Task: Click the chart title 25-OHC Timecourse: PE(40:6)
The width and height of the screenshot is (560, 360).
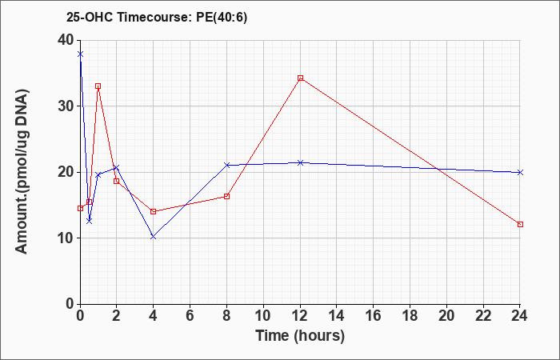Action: pos(157,18)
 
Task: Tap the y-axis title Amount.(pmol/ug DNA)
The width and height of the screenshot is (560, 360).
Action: pos(22,172)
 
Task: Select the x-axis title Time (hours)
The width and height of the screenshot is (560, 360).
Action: pos(300,336)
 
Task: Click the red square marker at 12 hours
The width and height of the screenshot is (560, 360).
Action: pos(300,78)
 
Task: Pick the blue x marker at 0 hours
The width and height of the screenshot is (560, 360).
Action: pos(80,54)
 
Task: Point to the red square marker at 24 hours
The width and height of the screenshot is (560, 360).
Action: pos(520,224)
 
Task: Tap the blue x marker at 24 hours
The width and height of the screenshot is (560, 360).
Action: pos(520,172)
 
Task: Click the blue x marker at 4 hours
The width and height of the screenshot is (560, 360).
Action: pos(154,237)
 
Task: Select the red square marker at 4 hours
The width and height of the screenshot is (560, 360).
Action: pos(154,211)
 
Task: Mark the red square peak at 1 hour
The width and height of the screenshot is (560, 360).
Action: pos(98,86)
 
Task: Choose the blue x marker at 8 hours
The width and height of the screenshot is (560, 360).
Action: pos(226,165)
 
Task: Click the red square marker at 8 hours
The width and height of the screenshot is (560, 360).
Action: pos(226,197)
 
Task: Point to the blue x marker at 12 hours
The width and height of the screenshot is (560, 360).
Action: pos(300,163)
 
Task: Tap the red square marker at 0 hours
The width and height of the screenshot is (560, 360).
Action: pos(80,208)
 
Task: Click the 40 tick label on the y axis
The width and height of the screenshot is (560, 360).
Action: pos(65,40)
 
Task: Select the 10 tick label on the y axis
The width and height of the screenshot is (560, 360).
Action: pos(65,238)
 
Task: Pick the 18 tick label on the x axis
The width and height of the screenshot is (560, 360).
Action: pos(410,316)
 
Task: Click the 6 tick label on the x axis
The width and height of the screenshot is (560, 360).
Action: pos(190,316)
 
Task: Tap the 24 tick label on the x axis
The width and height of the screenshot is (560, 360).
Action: pos(519,316)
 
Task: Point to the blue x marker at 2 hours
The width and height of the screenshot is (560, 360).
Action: pos(117,167)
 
